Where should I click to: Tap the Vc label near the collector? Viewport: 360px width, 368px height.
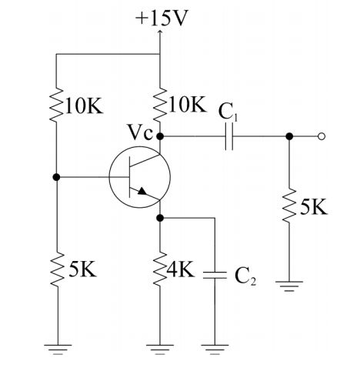(x=141, y=132)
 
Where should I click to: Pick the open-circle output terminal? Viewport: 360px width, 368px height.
(x=322, y=137)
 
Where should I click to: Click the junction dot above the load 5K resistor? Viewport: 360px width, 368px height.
(x=288, y=137)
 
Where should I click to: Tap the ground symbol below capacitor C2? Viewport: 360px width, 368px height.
(x=215, y=349)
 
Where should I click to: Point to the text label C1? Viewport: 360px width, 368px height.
(x=228, y=112)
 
